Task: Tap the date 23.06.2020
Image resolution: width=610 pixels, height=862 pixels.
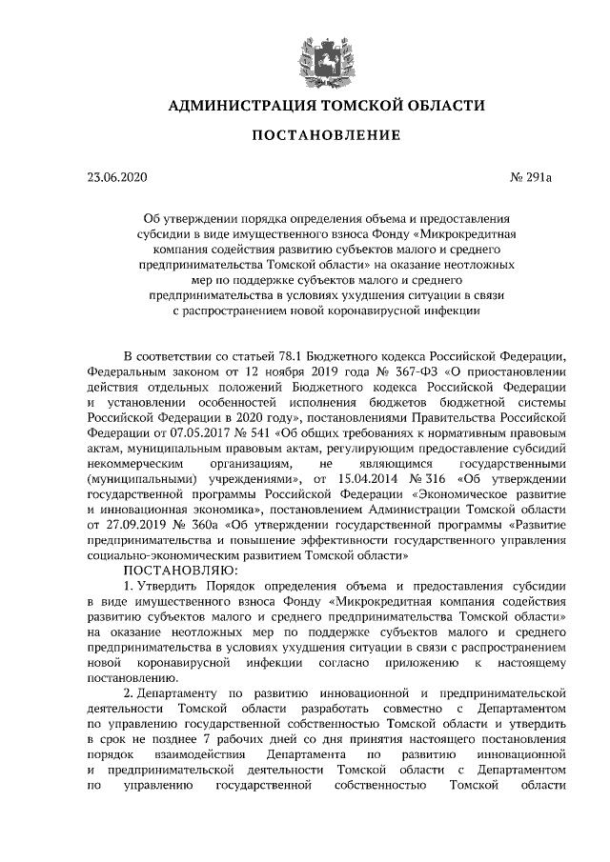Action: click(x=117, y=176)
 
